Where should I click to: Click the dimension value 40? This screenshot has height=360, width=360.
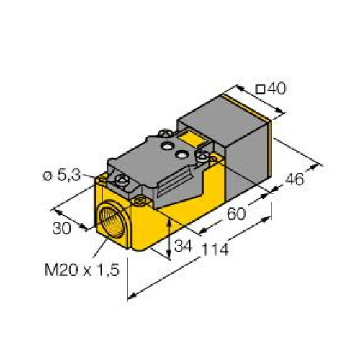click(276, 89)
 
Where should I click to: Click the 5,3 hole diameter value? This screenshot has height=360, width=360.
click(75, 176)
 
